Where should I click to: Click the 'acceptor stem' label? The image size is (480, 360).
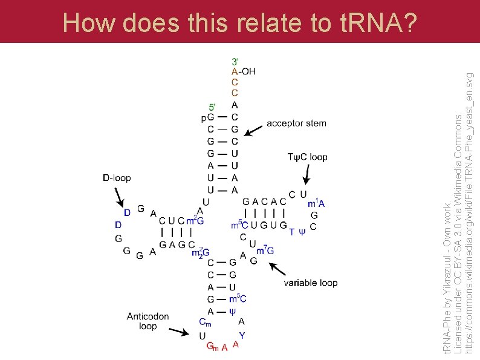[296, 123]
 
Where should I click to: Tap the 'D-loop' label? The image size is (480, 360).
[117, 178]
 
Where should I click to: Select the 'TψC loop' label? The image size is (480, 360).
[308, 157]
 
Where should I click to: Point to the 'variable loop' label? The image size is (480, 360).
[311, 283]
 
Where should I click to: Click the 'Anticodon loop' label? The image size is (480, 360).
[148, 321]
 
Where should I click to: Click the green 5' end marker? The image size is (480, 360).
[212, 107]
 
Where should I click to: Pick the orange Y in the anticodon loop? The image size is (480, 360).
[242, 335]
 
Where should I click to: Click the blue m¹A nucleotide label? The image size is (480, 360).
[316, 203]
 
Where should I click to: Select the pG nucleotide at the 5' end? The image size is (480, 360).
[207, 117]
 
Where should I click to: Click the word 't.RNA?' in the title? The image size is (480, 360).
[376, 23]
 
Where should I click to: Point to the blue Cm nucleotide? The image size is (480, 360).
[205, 323]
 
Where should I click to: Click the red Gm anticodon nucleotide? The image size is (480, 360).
[212, 347]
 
